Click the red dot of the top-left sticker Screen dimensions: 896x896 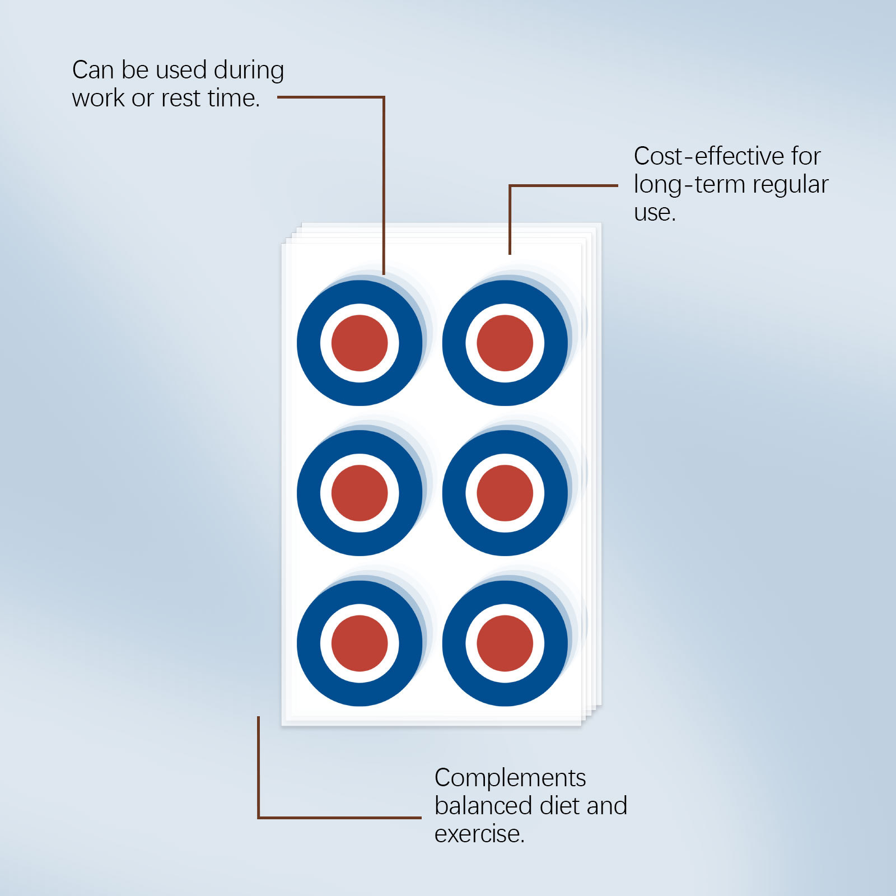tap(360, 343)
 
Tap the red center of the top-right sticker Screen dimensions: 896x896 tap(505, 343)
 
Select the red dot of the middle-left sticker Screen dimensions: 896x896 tap(360, 493)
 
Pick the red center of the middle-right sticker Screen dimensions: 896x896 tap(505, 493)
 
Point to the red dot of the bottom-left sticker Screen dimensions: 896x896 tap(360, 643)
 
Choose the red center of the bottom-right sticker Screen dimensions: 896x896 tap(505, 643)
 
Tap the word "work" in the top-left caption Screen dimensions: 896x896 tap(98, 99)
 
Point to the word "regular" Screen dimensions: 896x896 tap(790, 185)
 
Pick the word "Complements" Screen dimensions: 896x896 tap(510, 778)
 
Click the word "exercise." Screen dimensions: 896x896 tap(479, 834)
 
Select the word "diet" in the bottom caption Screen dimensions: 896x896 tap(560, 806)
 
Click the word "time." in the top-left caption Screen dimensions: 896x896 tap(234, 99)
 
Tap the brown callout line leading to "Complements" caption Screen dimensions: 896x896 tap(336, 818)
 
